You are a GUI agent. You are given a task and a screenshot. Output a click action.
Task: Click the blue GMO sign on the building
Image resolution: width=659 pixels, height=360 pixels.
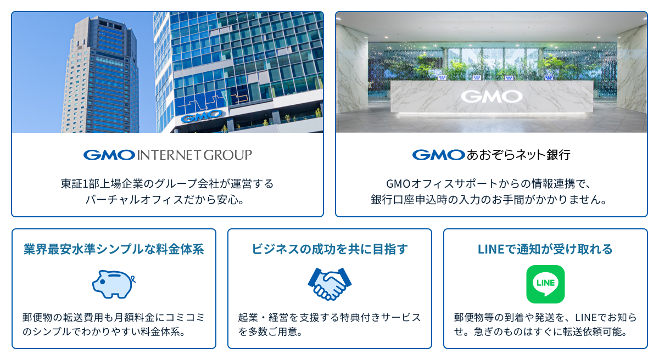pyautogui.click(x=202, y=116)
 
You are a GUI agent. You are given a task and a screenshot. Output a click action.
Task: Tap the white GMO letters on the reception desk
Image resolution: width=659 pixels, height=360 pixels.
pyautogui.click(x=492, y=97)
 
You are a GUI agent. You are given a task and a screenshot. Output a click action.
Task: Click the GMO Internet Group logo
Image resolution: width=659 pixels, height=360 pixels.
pyautogui.click(x=167, y=155)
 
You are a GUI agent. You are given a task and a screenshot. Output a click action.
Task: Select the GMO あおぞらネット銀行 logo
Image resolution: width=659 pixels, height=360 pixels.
pyautogui.click(x=492, y=155)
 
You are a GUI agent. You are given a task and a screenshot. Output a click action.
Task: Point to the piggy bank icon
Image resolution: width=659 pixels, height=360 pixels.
pyautogui.click(x=114, y=284)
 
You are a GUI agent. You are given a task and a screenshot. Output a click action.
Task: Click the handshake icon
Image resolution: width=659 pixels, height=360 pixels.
pyautogui.click(x=329, y=284)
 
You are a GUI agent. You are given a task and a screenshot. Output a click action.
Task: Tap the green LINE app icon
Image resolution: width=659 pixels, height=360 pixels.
pyautogui.click(x=545, y=284)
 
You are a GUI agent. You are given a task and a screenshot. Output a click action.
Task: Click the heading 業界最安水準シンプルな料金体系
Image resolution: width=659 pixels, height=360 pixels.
pyautogui.click(x=114, y=249)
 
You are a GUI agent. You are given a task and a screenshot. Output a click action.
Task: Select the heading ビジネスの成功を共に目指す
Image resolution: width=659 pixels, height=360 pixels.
pyautogui.click(x=330, y=249)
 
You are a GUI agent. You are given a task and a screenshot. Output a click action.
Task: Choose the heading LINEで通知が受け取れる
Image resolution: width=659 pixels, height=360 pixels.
pyautogui.click(x=545, y=249)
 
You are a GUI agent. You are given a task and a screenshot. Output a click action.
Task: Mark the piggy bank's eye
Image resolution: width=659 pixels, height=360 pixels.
pyautogui.click(x=102, y=282)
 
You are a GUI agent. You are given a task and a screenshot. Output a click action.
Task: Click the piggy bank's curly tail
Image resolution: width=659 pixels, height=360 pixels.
pyautogui.click(x=133, y=279)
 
